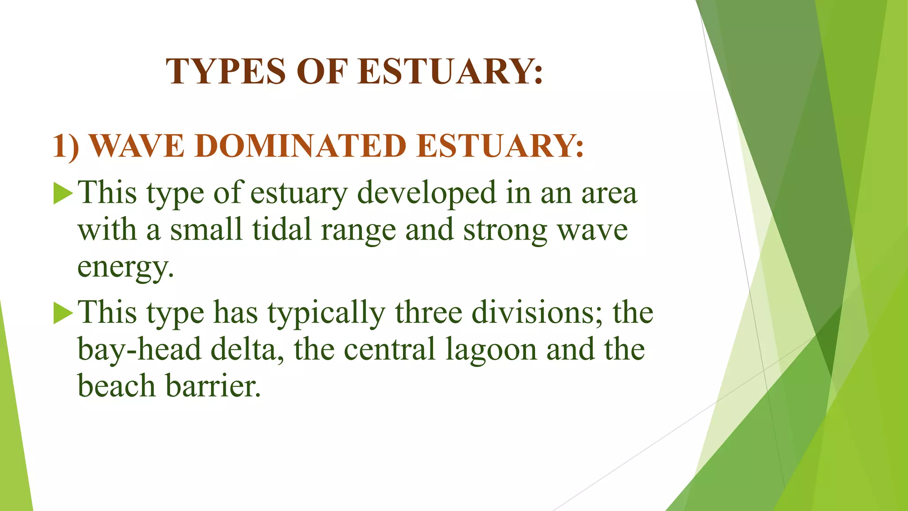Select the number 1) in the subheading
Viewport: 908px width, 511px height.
click(66, 146)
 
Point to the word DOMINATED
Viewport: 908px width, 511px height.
click(301, 146)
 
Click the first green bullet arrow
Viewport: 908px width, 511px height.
click(63, 194)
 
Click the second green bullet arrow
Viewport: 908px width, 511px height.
click(63, 314)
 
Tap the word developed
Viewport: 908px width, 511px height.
click(427, 193)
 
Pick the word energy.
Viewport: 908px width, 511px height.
click(125, 267)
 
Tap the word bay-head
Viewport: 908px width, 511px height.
click(140, 350)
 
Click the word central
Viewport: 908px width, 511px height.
click(390, 350)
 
